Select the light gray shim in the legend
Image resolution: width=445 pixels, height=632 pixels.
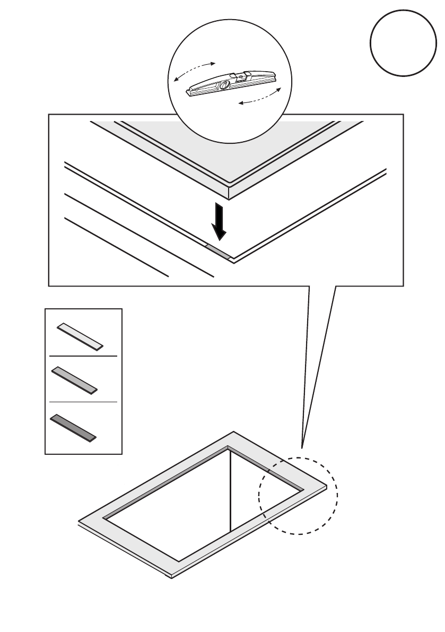coord(74,379)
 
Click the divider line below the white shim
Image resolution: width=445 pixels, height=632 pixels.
coord(83,357)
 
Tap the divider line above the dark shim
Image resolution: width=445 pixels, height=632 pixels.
coord(83,402)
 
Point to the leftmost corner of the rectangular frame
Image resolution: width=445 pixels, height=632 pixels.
coord(79,521)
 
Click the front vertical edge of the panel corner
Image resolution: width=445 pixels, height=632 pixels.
coord(229,193)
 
